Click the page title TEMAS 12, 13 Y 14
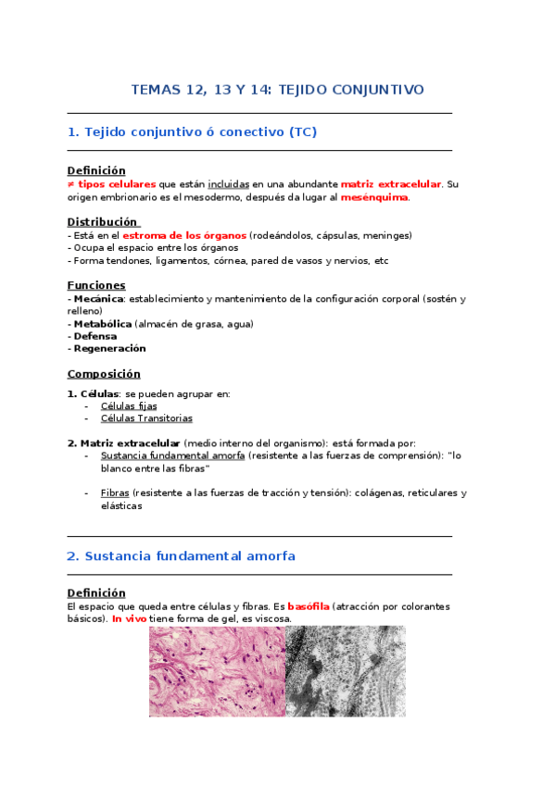[x=277, y=90]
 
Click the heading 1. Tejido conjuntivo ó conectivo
[x=192, y=132]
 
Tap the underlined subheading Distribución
[x=103, y=222]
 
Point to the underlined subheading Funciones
[x=96, y=285]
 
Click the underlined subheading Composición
[x=104, y=374]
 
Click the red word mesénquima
[x=374, y=197]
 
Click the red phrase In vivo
[x=131, y=619]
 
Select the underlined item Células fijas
[x=129, y=405]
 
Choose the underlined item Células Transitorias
[x=146, y=418]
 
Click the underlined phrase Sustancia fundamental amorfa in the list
[x=172, y=455]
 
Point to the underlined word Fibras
[x=115, y=493]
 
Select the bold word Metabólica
[x=102, y=324]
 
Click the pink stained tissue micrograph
[x=216, y=671]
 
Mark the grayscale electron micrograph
[x=345, y=671]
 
